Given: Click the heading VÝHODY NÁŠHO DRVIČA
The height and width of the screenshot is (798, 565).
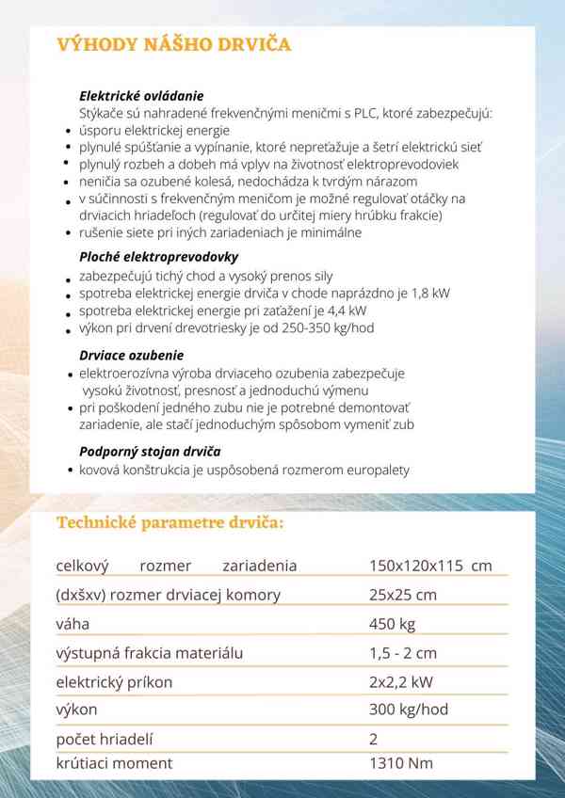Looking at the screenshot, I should pos(173,45).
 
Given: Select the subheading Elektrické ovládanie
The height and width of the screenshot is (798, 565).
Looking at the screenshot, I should pos(141,96).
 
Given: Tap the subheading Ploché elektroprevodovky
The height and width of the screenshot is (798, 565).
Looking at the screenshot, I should pos(158,256).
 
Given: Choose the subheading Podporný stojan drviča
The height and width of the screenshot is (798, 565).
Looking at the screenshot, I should pos(150,451).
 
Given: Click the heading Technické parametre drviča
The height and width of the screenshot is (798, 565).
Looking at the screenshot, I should pos(169,523).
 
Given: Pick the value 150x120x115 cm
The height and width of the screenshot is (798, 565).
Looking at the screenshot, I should pos(430,566).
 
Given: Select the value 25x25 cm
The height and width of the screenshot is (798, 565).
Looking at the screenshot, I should pos(403,595).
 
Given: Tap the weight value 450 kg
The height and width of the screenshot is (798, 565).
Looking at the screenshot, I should pos(393,624).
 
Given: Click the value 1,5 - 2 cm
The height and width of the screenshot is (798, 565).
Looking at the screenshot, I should pos(403,652).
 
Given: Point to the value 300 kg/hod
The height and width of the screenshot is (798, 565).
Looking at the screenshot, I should pos(409,710).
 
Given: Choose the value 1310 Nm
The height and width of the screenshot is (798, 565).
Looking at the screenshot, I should pos(400,763).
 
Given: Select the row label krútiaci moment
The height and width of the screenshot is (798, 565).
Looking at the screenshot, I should pos(114,763).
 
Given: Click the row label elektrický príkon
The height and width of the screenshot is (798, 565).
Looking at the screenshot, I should pos(117,681).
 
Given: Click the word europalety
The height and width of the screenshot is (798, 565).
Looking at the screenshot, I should pos(376,470).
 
